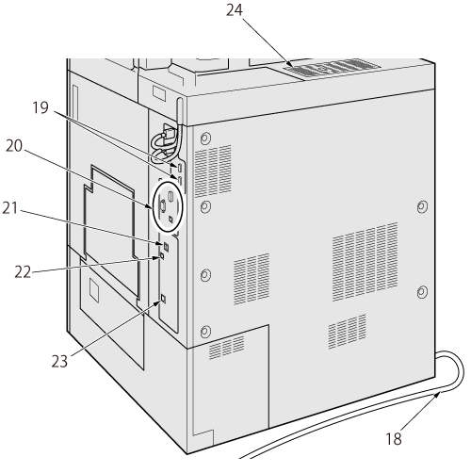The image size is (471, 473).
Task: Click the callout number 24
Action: click(235, 10)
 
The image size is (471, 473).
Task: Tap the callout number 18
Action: click(394, 439)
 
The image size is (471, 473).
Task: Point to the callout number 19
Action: click(41, 107)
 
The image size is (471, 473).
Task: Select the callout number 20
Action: click(14, 146)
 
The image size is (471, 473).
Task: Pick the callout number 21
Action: click(10, 208)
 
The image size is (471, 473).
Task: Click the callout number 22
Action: click(23, 272)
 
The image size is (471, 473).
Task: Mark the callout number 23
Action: click(59, 361)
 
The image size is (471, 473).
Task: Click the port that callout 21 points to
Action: click(166, 247)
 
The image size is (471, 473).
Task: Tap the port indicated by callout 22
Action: click(162, 255)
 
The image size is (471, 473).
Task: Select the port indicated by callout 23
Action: click(163, 299)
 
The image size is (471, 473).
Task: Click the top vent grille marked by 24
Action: click(332, 68)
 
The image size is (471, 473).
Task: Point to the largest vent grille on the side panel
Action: click(365, 262)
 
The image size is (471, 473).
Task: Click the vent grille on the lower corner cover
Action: click(226, 347)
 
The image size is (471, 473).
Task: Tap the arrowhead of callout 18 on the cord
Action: click(436, 395)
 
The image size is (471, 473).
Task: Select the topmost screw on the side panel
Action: click(205, 138)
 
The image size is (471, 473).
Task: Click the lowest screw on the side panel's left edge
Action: click(205, 331)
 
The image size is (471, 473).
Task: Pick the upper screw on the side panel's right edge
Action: click(422, 207)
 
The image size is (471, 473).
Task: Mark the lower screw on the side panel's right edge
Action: click(422, 292)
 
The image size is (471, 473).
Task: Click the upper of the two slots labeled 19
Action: click(180, 168)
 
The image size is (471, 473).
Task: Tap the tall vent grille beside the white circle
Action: click(213, 171)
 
